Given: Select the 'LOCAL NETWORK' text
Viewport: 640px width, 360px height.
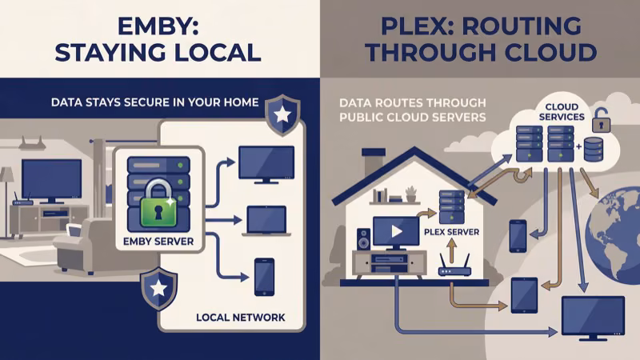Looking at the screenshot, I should pos(240,318).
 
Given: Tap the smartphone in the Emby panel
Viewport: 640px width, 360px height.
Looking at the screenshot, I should pos(264,277).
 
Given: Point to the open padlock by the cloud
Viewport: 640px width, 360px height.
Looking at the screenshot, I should pos(602,122).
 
